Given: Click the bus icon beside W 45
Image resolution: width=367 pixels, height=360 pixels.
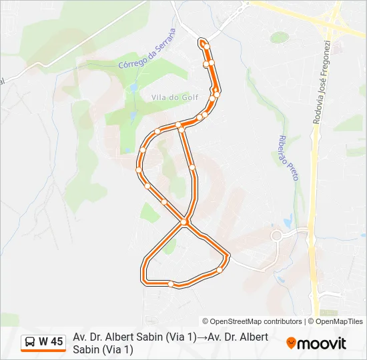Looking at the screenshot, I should pos(30,342).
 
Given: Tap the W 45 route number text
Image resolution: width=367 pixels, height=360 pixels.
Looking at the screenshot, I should pos(51,342).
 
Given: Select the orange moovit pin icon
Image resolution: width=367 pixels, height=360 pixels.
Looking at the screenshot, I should pos(291,343).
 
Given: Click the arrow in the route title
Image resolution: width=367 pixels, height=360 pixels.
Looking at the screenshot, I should pos(202,337).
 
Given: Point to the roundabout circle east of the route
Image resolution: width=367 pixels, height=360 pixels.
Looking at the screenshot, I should pos(276,235).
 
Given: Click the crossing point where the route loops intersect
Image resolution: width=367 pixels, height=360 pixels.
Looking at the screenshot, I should pos(185,222).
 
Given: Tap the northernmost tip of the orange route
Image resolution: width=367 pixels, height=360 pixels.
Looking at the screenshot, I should pos(201,41).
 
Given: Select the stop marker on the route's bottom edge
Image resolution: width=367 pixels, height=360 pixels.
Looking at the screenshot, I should pos(171,284).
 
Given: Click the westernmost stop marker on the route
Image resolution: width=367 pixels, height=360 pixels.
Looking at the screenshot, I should pos(139,170).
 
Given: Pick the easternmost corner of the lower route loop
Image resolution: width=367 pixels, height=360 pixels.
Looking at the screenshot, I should pos(228,255).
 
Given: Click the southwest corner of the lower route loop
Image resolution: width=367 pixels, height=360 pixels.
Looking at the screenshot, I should pos(144,280).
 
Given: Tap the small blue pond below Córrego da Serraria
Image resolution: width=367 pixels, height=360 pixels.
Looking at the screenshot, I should pos(134,87).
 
